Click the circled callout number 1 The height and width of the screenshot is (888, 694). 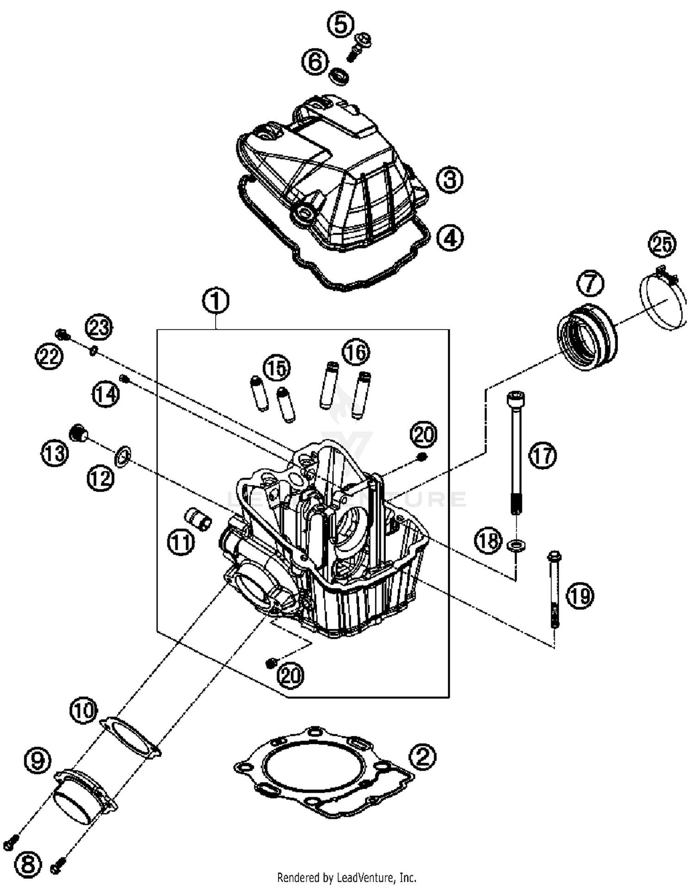216,301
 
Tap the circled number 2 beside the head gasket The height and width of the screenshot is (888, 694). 422,756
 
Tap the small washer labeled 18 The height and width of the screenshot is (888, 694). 516,545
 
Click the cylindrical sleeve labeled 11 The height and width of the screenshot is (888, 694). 198,519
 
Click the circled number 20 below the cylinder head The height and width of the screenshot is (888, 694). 291,675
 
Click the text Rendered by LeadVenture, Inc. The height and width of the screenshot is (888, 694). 347,877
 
